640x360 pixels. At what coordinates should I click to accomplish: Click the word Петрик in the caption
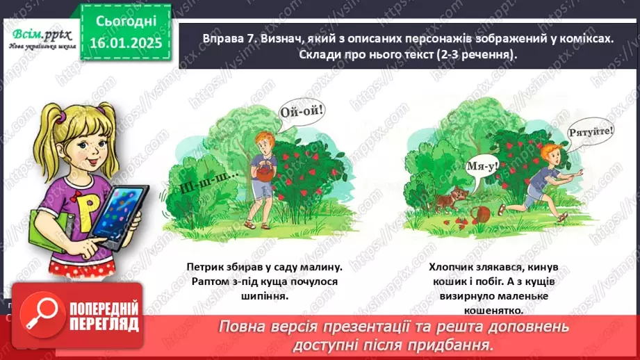point(206,266)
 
